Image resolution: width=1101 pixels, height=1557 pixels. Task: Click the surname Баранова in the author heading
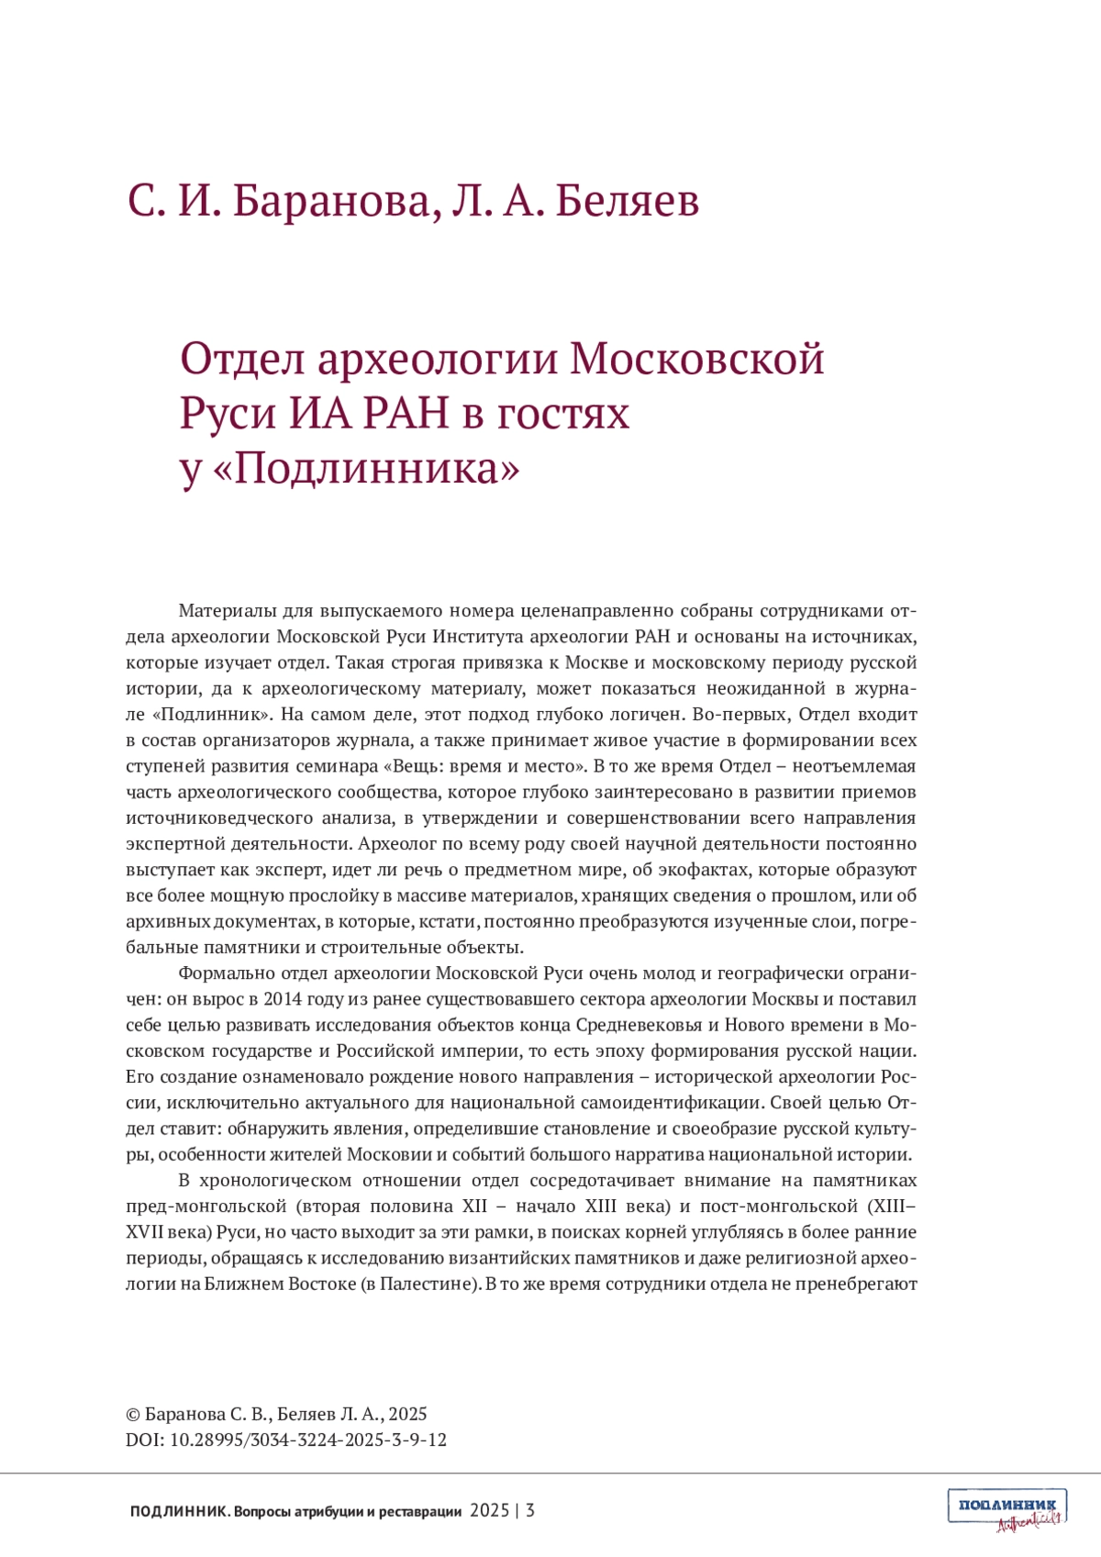[330, 201]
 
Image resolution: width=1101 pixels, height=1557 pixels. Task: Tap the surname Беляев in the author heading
[627, 201]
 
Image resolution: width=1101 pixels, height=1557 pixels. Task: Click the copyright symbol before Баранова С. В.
[133, 1415]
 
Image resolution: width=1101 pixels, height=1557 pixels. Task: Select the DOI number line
[286, 1440]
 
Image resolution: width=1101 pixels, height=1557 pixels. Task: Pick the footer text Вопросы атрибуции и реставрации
[348, 1511]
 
